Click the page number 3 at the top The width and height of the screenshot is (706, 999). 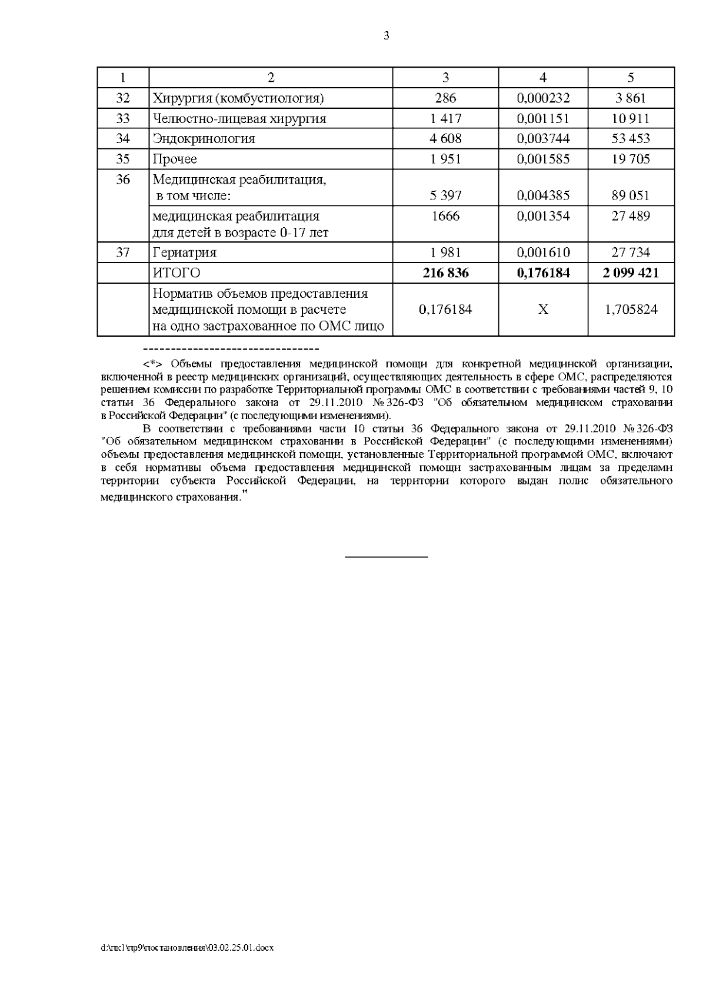(387, 36)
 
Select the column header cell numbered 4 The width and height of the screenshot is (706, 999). (543, 78)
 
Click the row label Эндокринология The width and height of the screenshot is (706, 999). (204, 139)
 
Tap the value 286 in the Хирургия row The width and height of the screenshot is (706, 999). (445, 98)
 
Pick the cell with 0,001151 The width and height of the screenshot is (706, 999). (543, 119)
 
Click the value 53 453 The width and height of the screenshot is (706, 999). (631, 139)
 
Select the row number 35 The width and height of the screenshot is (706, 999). (122, 159)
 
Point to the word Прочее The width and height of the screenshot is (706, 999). (175, 159)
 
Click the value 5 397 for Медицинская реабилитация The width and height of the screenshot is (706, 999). (445, 195)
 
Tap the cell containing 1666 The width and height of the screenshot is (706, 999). (445, 216)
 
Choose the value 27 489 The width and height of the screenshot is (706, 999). (631, 216)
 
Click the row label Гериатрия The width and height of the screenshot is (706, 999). (184, 253)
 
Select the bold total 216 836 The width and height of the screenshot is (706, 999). (445, 273)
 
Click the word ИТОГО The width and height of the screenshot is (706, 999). (176, 273)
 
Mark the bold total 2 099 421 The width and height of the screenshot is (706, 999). (631, 273)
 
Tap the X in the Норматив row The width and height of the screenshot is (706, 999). (543, 310)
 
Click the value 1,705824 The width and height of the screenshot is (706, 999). (631, 310)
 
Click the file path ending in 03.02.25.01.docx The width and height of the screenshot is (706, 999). (188, 948)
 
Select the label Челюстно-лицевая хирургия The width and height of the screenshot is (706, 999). (239, 119)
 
